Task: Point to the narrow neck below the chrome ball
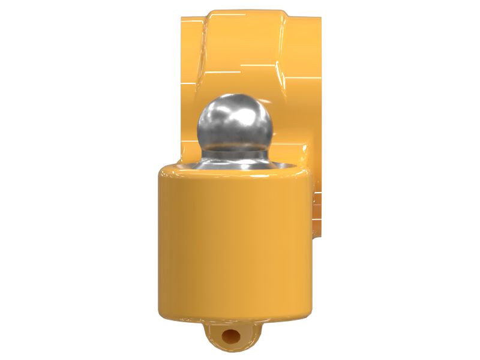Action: coord(235,151)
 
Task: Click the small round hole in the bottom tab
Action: coord(230,337)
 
